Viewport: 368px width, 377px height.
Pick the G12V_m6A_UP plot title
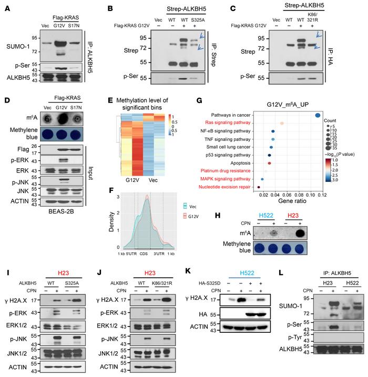286,105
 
